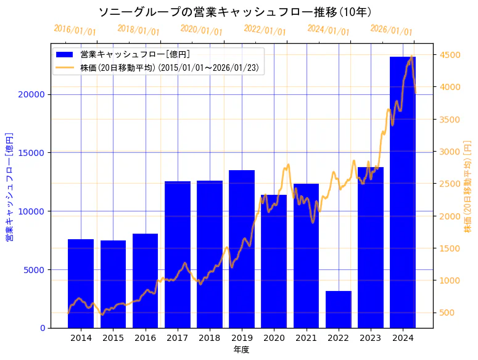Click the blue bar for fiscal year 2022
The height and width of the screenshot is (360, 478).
pyautogui.click(x=338, y=309)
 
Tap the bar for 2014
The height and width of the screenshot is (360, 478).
pyautogui.click(x=81, y=284)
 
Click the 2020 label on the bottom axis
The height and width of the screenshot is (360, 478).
pyautogui.click(x=274, y=338)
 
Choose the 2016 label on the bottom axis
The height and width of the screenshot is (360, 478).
pyautogui.click(x=145, y=338)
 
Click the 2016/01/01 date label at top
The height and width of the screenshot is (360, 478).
pyautogui.click(x=75, y=30)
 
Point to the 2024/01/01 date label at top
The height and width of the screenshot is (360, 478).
pyautogui.click(x=328, y=30)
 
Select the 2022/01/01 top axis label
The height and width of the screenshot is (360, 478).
pyautogui.click(x=265, y=30)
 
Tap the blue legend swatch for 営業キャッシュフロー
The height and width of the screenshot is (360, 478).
pyautogui.click(x=65, y=54)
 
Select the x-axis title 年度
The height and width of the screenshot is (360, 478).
pyautogui.click(x=241, y=350)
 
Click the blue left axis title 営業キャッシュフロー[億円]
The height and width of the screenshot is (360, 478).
pyautogui.click(x=9, y=186)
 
